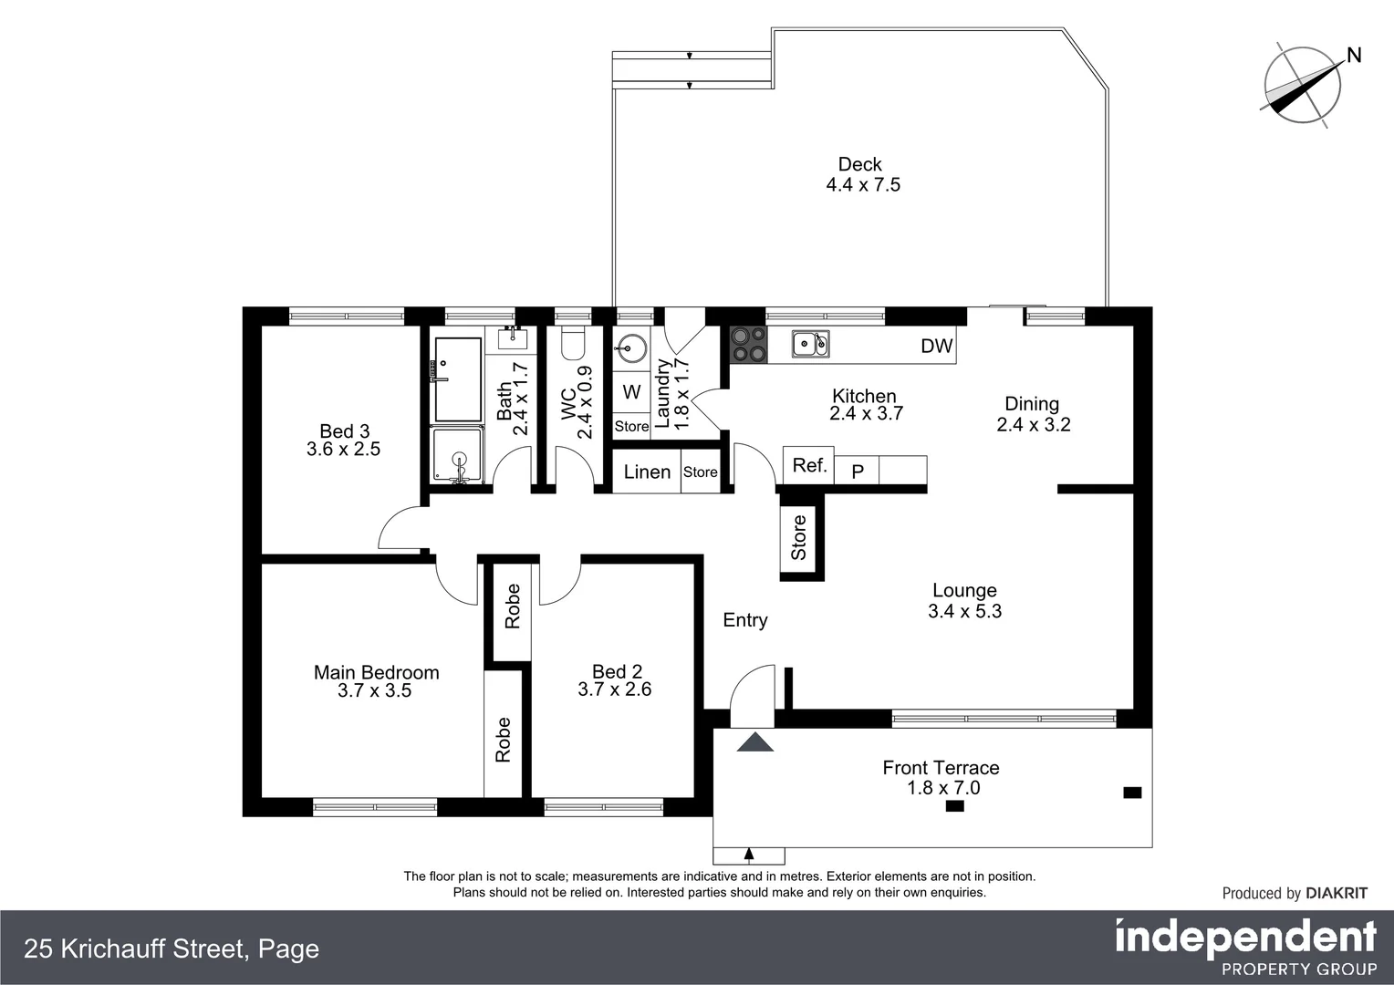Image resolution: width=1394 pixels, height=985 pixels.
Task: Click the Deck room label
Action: coord(859,165)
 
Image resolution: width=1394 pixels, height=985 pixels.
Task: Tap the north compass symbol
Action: coord(1303,84)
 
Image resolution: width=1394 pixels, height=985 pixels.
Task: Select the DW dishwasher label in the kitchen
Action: coord(936,347)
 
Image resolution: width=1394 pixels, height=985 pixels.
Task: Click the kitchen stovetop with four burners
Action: coord(748,345)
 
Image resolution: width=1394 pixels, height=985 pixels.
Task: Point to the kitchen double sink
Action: coord(810,344)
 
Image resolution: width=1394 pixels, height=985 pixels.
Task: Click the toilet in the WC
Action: coord(572,343)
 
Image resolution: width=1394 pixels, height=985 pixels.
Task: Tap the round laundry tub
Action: coord(631,347)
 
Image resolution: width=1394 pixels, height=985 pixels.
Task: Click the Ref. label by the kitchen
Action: coord(809,466)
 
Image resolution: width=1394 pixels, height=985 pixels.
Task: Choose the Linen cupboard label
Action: coord(647,472)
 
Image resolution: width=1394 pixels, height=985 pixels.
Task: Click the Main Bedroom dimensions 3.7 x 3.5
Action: coord(374,691)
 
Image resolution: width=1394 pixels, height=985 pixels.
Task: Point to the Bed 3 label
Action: coord(344,431)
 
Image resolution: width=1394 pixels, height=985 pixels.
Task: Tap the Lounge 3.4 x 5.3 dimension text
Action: coord(964,612)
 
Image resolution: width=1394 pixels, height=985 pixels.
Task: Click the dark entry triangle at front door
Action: coord(754,742)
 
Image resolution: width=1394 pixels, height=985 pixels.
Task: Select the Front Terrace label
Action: coord(941,768)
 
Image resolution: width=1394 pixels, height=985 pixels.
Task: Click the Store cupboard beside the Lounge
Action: coord(799,537)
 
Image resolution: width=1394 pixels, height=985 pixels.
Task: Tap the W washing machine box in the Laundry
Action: coord(631,392)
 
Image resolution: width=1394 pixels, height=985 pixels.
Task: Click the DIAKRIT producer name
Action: coord(1337,894)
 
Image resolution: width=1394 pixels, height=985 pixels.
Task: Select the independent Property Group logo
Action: coord(1245,947)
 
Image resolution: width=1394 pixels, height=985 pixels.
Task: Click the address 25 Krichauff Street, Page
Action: coord(172,949)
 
